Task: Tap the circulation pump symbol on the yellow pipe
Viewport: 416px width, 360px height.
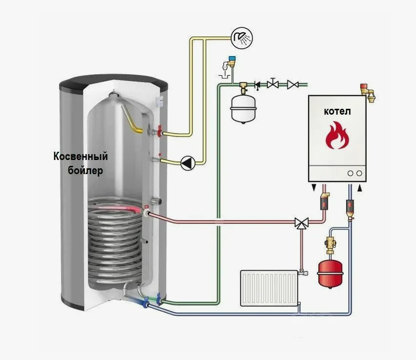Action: (188, 163)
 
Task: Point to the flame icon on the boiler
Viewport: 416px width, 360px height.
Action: (337, 135)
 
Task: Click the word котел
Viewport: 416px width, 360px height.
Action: (337, 111)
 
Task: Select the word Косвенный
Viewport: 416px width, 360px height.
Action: (81, 157)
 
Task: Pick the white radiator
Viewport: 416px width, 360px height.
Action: (269, 288)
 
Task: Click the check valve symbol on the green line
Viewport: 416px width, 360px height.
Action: (257, 84)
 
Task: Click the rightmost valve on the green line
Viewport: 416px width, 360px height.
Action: (293, 84)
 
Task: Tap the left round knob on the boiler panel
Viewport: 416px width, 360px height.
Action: (350, 173)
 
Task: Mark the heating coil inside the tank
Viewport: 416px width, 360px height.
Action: (115, 239)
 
